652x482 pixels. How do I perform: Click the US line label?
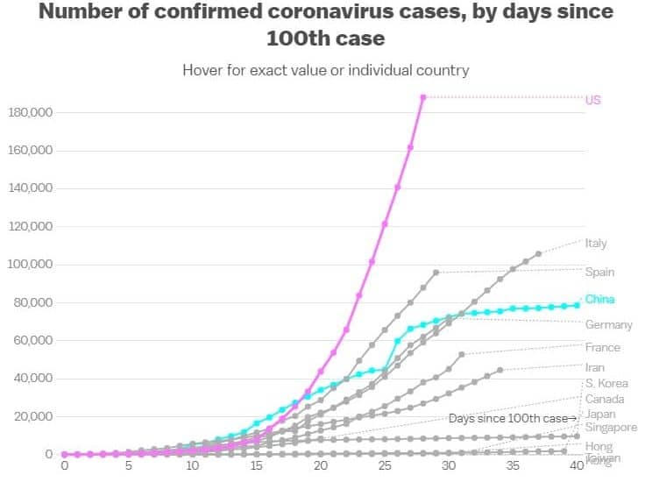(x=593, y=100)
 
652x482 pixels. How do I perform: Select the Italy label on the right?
(x=596, y=244)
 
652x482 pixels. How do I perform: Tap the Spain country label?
(x=599, y=272)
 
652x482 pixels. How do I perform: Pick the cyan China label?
(x=599, y=299)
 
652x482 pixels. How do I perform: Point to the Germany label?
(x=608, y=325)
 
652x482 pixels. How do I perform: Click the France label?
(x=602, y=347)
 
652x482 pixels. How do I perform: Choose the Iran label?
(x=595, y=368)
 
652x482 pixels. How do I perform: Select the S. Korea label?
(x=606, y=383)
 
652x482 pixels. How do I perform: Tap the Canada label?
(x=605, y=399)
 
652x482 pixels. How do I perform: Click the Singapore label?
(x=611, y=428)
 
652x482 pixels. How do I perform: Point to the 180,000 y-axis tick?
(x=30, y=112)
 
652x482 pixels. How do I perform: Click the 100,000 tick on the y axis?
(x=30, y=264)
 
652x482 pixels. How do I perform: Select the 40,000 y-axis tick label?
(x=32, y=378)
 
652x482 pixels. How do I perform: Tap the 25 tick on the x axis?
(x=385, y=466)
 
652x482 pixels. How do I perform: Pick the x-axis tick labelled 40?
(x=577, y=466)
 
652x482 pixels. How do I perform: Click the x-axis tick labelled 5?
(x=128, y=466)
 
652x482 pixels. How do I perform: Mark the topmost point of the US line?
(x=423, y=97)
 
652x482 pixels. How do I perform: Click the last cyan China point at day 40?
(x=577, y=305)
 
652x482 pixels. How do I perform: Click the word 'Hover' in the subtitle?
(x=202, y=69)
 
